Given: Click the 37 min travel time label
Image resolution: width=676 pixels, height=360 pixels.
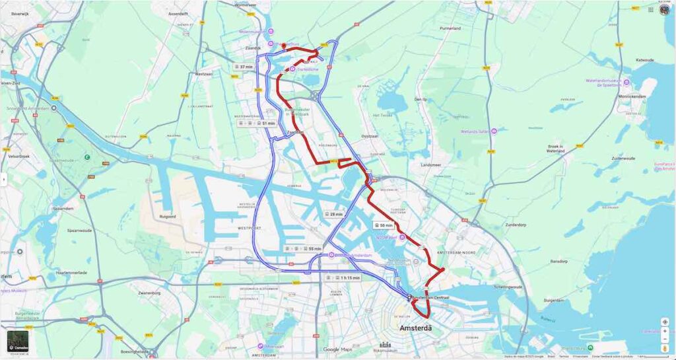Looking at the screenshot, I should tap(245, 67).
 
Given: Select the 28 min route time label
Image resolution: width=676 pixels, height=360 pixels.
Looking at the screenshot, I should tap(334, 215).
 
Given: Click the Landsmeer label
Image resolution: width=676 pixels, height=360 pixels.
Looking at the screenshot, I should tap(430, 164).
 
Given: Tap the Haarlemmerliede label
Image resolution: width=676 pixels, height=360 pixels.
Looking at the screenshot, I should tap(72, 273).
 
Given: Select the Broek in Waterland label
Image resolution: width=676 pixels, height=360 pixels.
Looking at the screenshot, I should tap(556, 149).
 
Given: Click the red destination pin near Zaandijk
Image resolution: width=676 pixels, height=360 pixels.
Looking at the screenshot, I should tap(283, 46).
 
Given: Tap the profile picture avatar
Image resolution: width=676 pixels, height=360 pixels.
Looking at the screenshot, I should tap(664, 9).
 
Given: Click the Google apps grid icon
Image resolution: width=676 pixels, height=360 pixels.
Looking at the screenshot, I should tap(651, 9).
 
